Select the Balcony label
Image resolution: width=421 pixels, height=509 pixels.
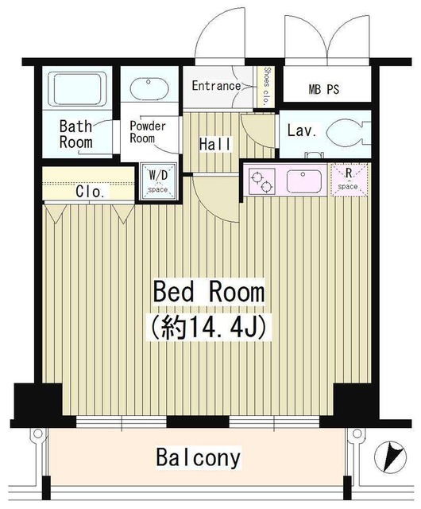click(198, 458)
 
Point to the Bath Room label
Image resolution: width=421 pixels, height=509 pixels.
click(77, 134)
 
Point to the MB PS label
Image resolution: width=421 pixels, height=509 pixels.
click(324, 89)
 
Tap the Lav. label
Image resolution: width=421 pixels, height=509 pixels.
click(299, 129)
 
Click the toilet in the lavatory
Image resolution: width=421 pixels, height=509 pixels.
click(349, 132)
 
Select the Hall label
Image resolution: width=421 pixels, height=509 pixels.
click(215, 144)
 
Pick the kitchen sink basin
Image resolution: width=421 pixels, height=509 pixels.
click(303, 180)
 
